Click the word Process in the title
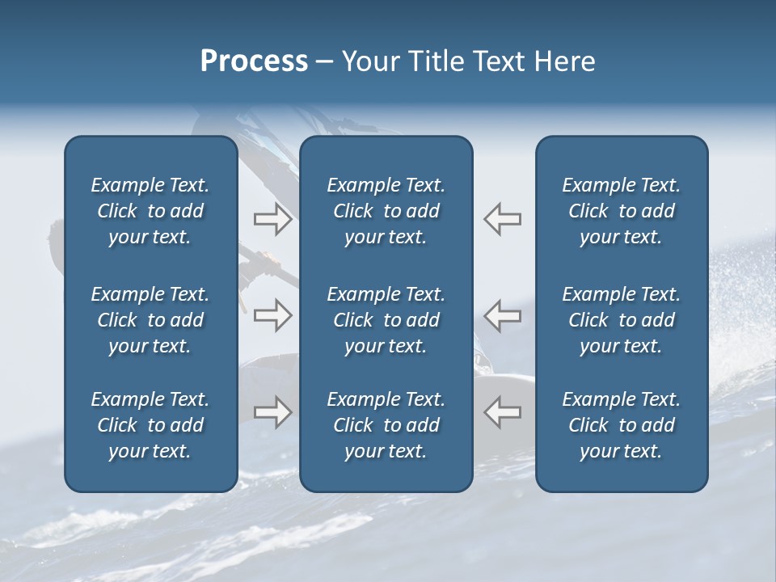pyautogui.click(x=254, y=61)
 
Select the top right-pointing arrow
pyautogui.click(x=272, y=219)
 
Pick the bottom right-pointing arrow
pyautogui.click(x=272, y=412)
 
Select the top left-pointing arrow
pyautogui.click(x=502, y=219)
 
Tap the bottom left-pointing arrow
pyautogui.click(x=502, y=412)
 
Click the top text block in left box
pyautogui.click(x=150, y=211)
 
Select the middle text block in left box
pyautogui.click(x=150, y=320)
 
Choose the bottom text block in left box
pyautogui.click(x=150, y=425)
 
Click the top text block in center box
pyautogui.click(x=386, y=211)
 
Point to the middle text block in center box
pyautogui.click(x=386, y=320)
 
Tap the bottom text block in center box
pyautogui.click(x=386, y=425)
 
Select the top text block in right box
pyautogui.click(x=621, y=211)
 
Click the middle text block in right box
pyautogui.click(x=621, y=320)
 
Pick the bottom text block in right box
pyautogui.click(x=621, y=425)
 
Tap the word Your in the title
pyautogui.click(x=369, y=61)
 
